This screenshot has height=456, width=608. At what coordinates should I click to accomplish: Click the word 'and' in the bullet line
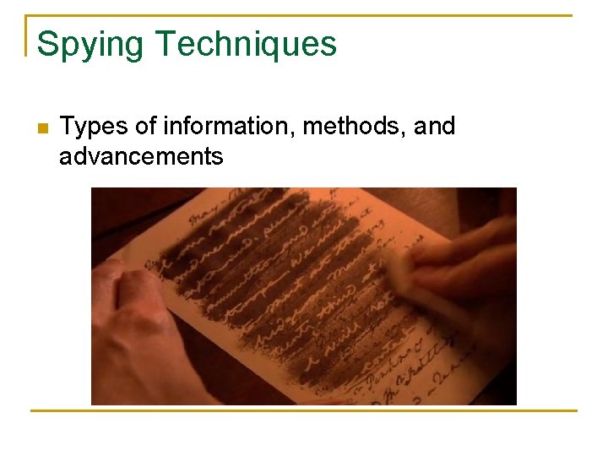pyautogui.click(x=434, y=127)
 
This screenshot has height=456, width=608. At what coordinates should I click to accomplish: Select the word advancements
pyautogui.click(x=141, y=156)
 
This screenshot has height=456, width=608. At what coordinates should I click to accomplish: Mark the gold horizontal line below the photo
pyautogui.click(x=304, y=411)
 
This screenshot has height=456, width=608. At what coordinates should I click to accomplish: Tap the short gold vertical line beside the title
pyautogui.click(x=26, y=35)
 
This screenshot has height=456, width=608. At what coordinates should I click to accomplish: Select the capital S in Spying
pyautogui.click(x=47, y=44)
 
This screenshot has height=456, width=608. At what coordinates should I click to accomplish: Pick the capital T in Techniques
pyautogui.click(x=166, y=44)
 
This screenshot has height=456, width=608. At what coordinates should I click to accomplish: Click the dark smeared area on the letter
pyautogui.click(x=279, y=270)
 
